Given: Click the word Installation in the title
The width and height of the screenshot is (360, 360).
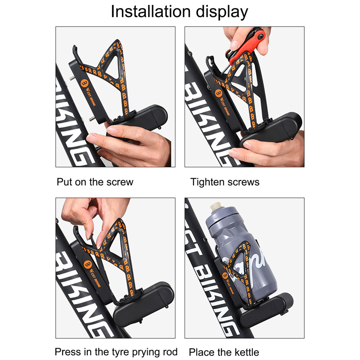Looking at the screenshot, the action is [x=151, y=11].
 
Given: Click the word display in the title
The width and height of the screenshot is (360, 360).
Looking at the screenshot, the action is [x=222, y=13].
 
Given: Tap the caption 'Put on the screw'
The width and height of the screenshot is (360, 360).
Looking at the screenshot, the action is [x=95, y=182].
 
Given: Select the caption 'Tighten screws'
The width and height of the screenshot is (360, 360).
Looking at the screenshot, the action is [x=225, y=182].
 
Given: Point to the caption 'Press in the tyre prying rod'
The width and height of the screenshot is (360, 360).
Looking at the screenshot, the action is [x=116, y=352].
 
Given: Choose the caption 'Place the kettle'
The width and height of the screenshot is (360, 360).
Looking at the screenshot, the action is [x=224, y=352].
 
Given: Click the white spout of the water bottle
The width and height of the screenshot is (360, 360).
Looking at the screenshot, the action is [x=216, y=206].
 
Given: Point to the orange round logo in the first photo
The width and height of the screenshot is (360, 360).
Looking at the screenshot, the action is [x=85, y=83].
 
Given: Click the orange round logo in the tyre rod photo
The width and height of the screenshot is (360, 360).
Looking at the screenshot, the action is [x=88, y=265].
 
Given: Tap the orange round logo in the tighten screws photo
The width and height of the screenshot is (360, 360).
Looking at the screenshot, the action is [x=219, y=93].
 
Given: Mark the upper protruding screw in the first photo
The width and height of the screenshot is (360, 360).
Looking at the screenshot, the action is [x=72, y=78].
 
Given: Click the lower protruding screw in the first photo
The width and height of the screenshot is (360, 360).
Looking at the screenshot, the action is [x=92, y=119].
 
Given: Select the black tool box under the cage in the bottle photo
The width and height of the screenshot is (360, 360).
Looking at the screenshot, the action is [x=266, y=306].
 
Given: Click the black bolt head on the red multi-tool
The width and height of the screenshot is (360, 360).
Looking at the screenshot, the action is [x=261, y=36].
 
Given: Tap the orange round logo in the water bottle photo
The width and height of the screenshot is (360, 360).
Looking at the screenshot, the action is [x=225, y=275].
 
